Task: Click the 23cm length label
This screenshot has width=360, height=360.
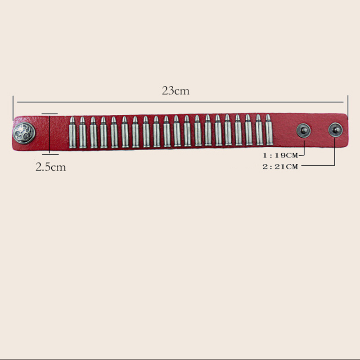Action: pos(175,91)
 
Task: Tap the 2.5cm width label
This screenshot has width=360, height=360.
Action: pos(51,167)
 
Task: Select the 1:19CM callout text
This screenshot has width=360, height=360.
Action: pos(280,155)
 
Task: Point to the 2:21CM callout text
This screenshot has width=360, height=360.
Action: pos(280,166)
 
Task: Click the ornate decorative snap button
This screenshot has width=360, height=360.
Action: pos(24,133)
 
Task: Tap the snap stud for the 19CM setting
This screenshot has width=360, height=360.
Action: pos(303,130)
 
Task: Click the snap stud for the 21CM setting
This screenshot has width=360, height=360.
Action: pos(335,130)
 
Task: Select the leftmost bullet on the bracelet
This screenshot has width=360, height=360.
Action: pos(72,132)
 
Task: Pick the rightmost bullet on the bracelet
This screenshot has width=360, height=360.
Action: pos(269,130)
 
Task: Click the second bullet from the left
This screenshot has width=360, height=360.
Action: pos(83,132)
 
